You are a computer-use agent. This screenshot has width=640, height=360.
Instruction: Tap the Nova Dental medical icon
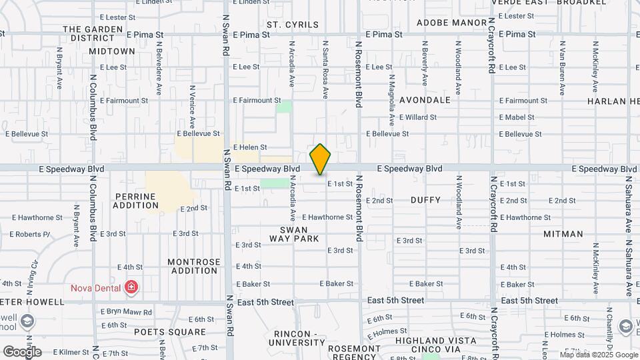pos(131,288)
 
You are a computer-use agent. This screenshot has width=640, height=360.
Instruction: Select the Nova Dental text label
pos(97,288)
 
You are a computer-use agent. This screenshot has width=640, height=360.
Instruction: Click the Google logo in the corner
pos(22,351)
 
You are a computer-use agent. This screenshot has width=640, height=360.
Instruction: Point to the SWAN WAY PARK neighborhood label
pos(294,234)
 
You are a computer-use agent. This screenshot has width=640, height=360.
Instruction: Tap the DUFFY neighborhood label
pos(425,199)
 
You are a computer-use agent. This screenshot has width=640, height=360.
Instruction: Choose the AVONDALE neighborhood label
pos(425,100)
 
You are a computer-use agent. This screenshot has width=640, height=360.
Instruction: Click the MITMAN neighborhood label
pos(563,234)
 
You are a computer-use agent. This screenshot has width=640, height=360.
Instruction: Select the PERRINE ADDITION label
pos(135,201)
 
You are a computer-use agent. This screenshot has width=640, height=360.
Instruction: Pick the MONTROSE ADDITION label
pos(193,266)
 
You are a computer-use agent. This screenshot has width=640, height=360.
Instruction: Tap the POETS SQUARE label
pos(170,331)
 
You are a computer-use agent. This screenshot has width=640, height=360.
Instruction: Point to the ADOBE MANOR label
pos(452,23)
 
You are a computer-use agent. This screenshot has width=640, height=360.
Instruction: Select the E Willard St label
pos(417,117)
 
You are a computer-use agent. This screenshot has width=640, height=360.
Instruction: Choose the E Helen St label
pos(249,147)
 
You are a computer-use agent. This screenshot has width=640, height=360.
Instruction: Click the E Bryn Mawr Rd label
pos(126,311)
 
